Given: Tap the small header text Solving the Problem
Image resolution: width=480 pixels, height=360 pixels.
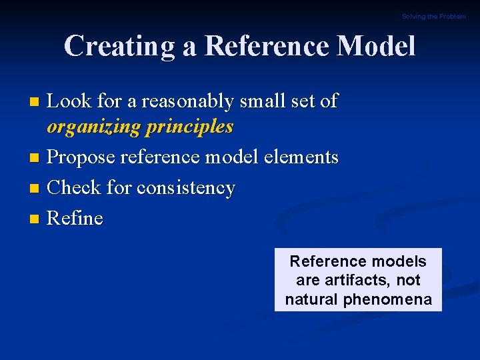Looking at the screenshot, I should point(433,17).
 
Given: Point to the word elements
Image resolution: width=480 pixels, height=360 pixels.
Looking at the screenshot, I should point(303,157).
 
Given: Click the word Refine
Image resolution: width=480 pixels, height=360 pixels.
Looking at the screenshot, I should point(75,219).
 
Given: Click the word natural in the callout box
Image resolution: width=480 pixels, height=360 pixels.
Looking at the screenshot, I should point(311,300).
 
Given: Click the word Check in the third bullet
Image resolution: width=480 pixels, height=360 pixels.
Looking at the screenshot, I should point(75,188).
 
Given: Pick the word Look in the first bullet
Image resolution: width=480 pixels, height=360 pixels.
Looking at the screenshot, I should point(69,101).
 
